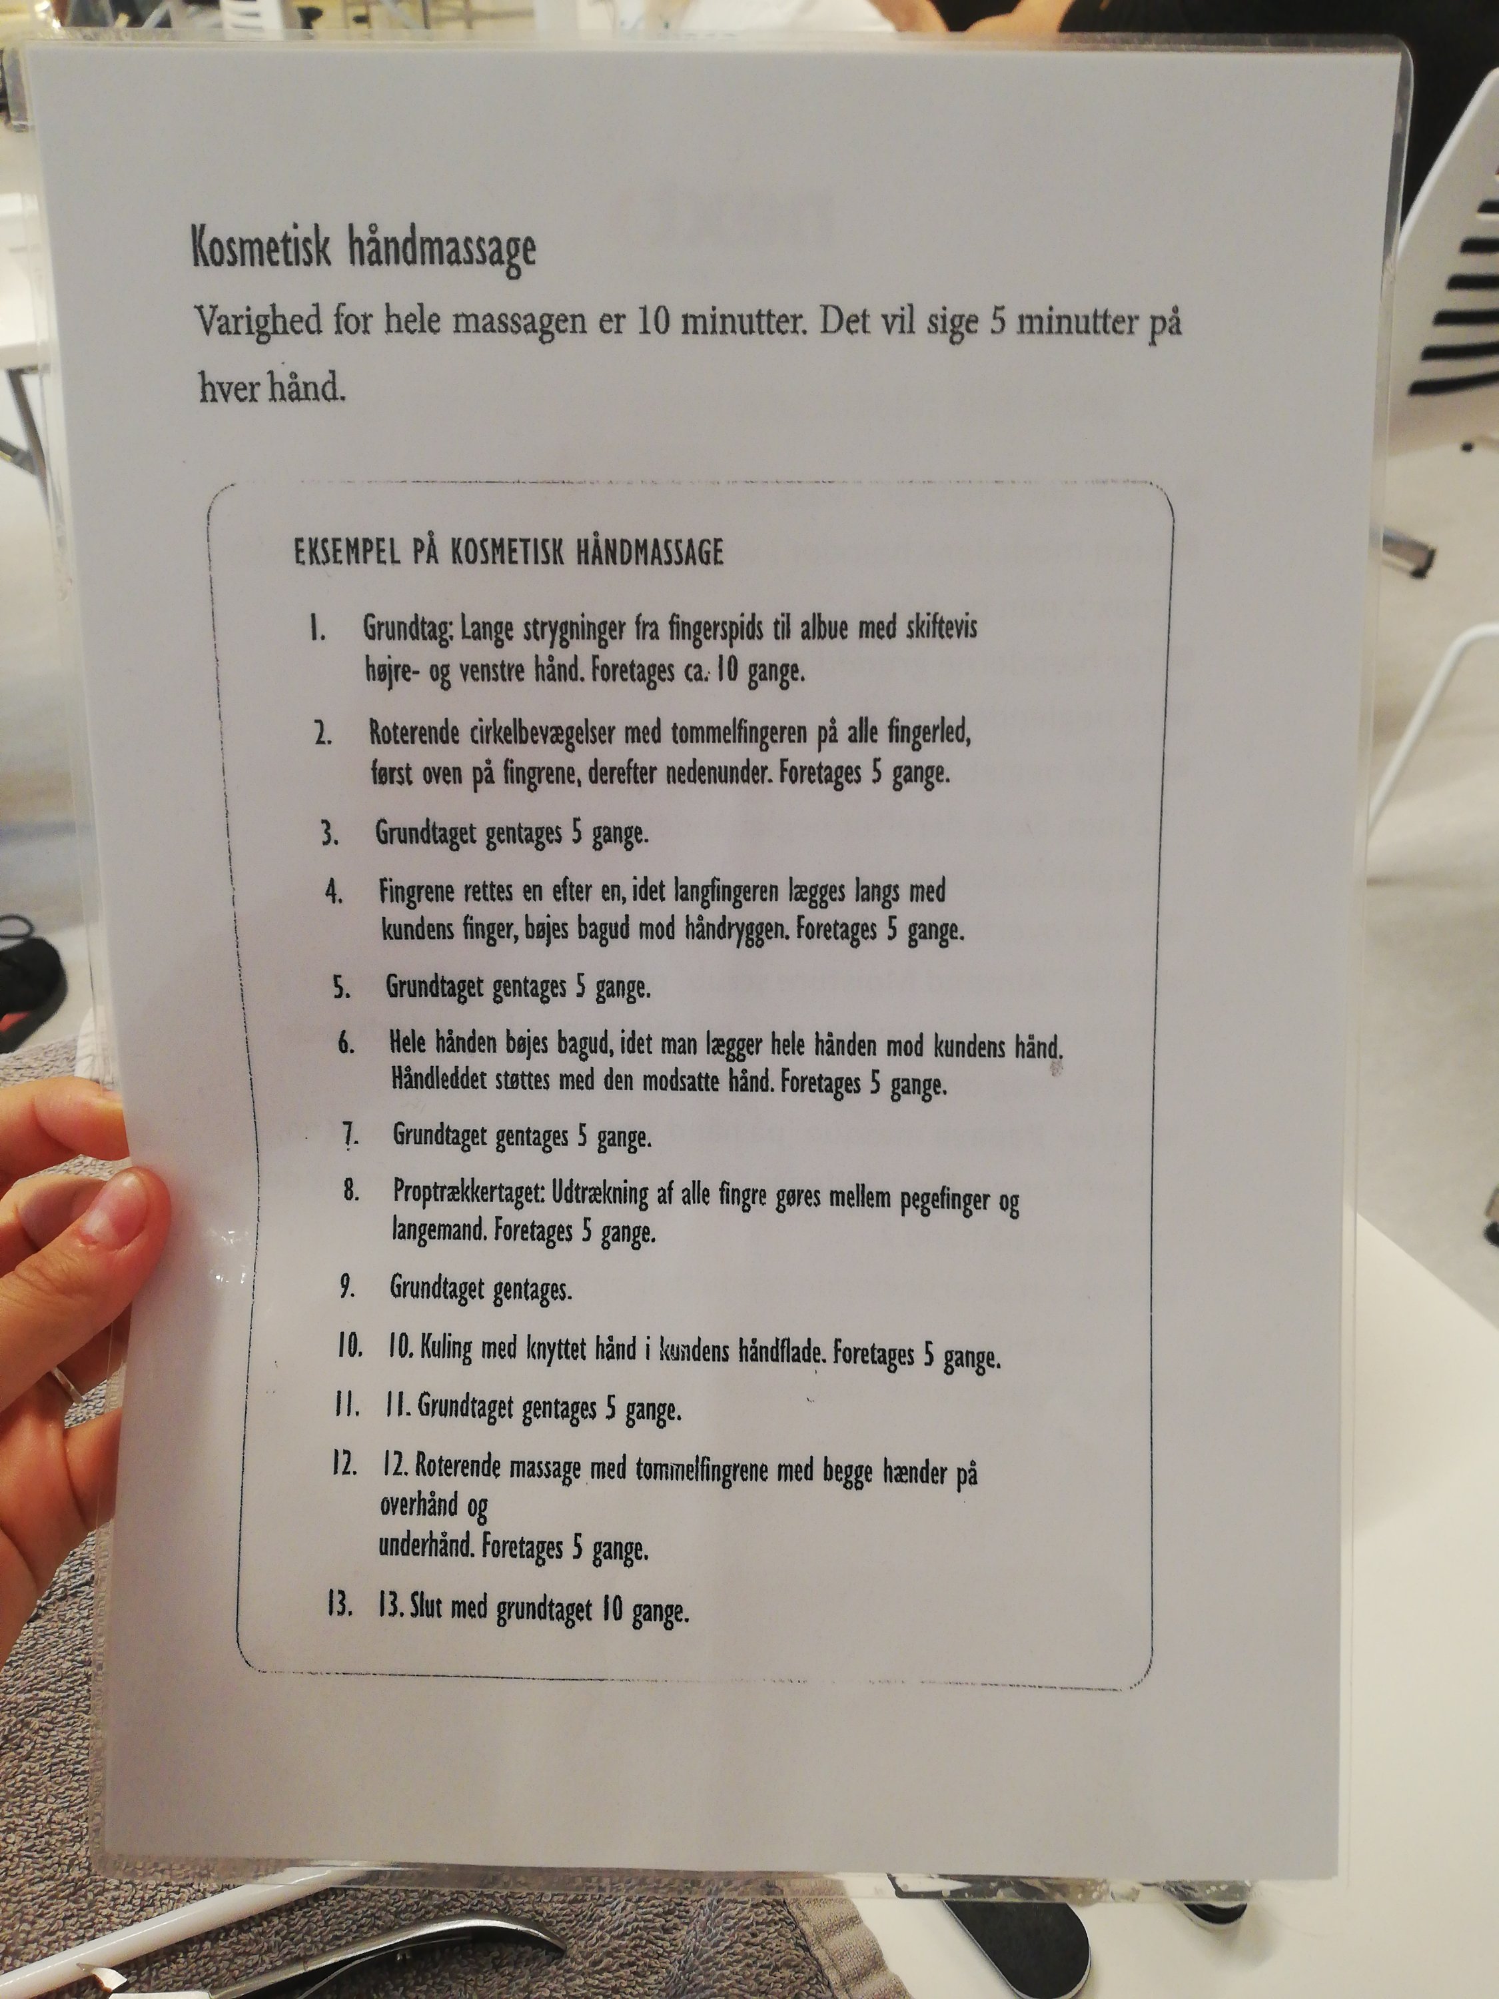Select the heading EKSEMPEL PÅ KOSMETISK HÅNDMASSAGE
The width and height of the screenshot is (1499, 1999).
(x=509, y=551)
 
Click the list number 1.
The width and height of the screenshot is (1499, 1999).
(x=316, y=628)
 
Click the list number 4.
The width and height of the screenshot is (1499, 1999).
(x=334, y=892)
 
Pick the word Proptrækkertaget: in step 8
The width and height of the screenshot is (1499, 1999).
(x=467, y=1192)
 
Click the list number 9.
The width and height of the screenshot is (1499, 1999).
(x=348, y=1286)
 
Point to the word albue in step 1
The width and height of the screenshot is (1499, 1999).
(x=824, y=627)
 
